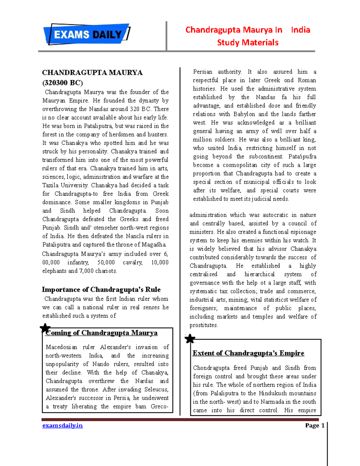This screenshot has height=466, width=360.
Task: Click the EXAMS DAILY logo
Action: pyautogui.click(x=87, y=34)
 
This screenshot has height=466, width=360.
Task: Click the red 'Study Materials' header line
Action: pyautogui.click(x=247, y=43)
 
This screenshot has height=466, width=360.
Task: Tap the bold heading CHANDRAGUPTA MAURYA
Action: pyautogui.click(x=92, y=73)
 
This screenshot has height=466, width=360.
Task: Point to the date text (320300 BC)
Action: pyautogui.click(x=62, y=83)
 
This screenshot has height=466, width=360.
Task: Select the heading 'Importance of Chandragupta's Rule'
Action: pyautogui.click(x=101, y=290)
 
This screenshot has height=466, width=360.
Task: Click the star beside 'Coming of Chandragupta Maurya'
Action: pyautogui.click(x=45, y=328)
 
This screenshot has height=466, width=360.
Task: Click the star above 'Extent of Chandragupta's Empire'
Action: pyautogui.click(x=190, y=339)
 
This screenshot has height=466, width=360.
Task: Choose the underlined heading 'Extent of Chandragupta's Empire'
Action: pyautogui.click(x=248, y=353)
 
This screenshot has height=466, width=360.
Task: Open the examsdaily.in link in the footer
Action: pyautogui.click(x=62, y=425)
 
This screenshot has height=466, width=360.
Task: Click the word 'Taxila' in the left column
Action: pyautogui.click(x=50, y=185)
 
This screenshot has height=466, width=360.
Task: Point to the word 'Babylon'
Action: pyautogui.click(x=244, y=114)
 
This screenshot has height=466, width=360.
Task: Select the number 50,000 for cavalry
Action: pyautogui.click(x=106, y=263)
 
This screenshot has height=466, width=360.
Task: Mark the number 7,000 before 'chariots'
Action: pyautogui.click(x=86, y=271)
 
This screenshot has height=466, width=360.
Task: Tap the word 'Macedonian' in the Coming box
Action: pyautogui.click(x=61, y=347)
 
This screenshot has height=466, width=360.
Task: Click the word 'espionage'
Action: pyautogui.click(x=303, y=232)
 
